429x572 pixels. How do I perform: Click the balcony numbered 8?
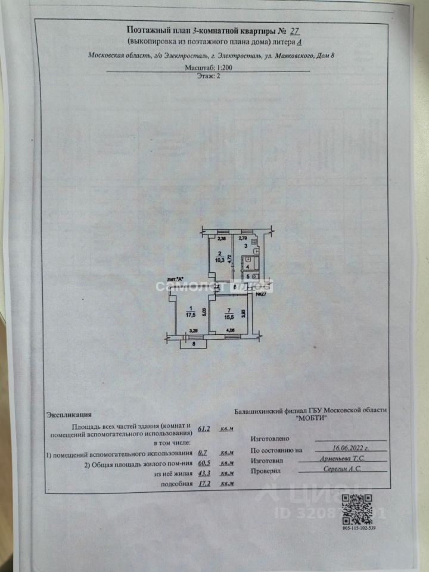[194, 343]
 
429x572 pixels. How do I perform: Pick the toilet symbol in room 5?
[256, 276]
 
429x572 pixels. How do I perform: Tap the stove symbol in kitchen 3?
[253, 243]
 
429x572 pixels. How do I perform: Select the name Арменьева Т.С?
[341, 461]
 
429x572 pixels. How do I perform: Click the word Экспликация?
[69, 415]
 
